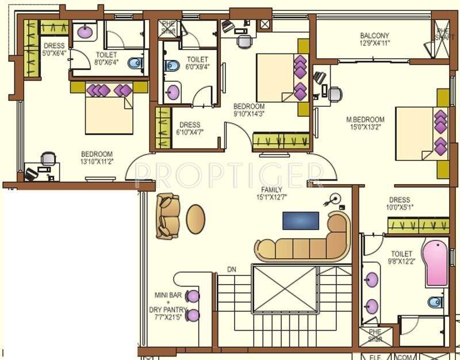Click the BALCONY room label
(x=374, y=35)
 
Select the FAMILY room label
(x=271, y=189)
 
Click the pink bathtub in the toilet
(x=435, y=263)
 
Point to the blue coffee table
(x=300, y=220)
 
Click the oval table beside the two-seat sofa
(x=195, y=219)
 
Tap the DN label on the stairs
(x=232, y=269)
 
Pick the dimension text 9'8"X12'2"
(x=401, y=262)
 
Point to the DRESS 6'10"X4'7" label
(x=190, y=128)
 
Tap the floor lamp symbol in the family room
(x=332, y=201)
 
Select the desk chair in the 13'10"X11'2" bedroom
(x=49, y=158)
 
